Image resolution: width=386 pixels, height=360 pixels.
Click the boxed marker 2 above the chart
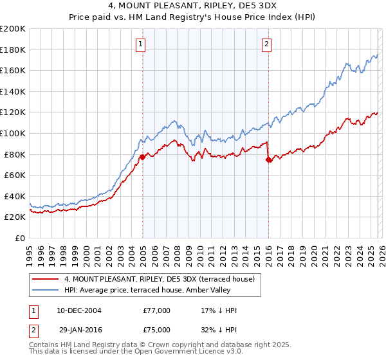266,44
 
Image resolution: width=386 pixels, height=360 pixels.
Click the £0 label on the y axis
20,238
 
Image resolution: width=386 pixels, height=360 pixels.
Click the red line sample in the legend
46,279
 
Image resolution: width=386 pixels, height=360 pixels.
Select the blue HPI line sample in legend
46,290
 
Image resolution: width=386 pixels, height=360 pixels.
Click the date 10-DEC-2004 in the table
78,310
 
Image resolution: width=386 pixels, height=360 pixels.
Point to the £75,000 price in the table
156,329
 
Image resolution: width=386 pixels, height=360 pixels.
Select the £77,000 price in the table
156,310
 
